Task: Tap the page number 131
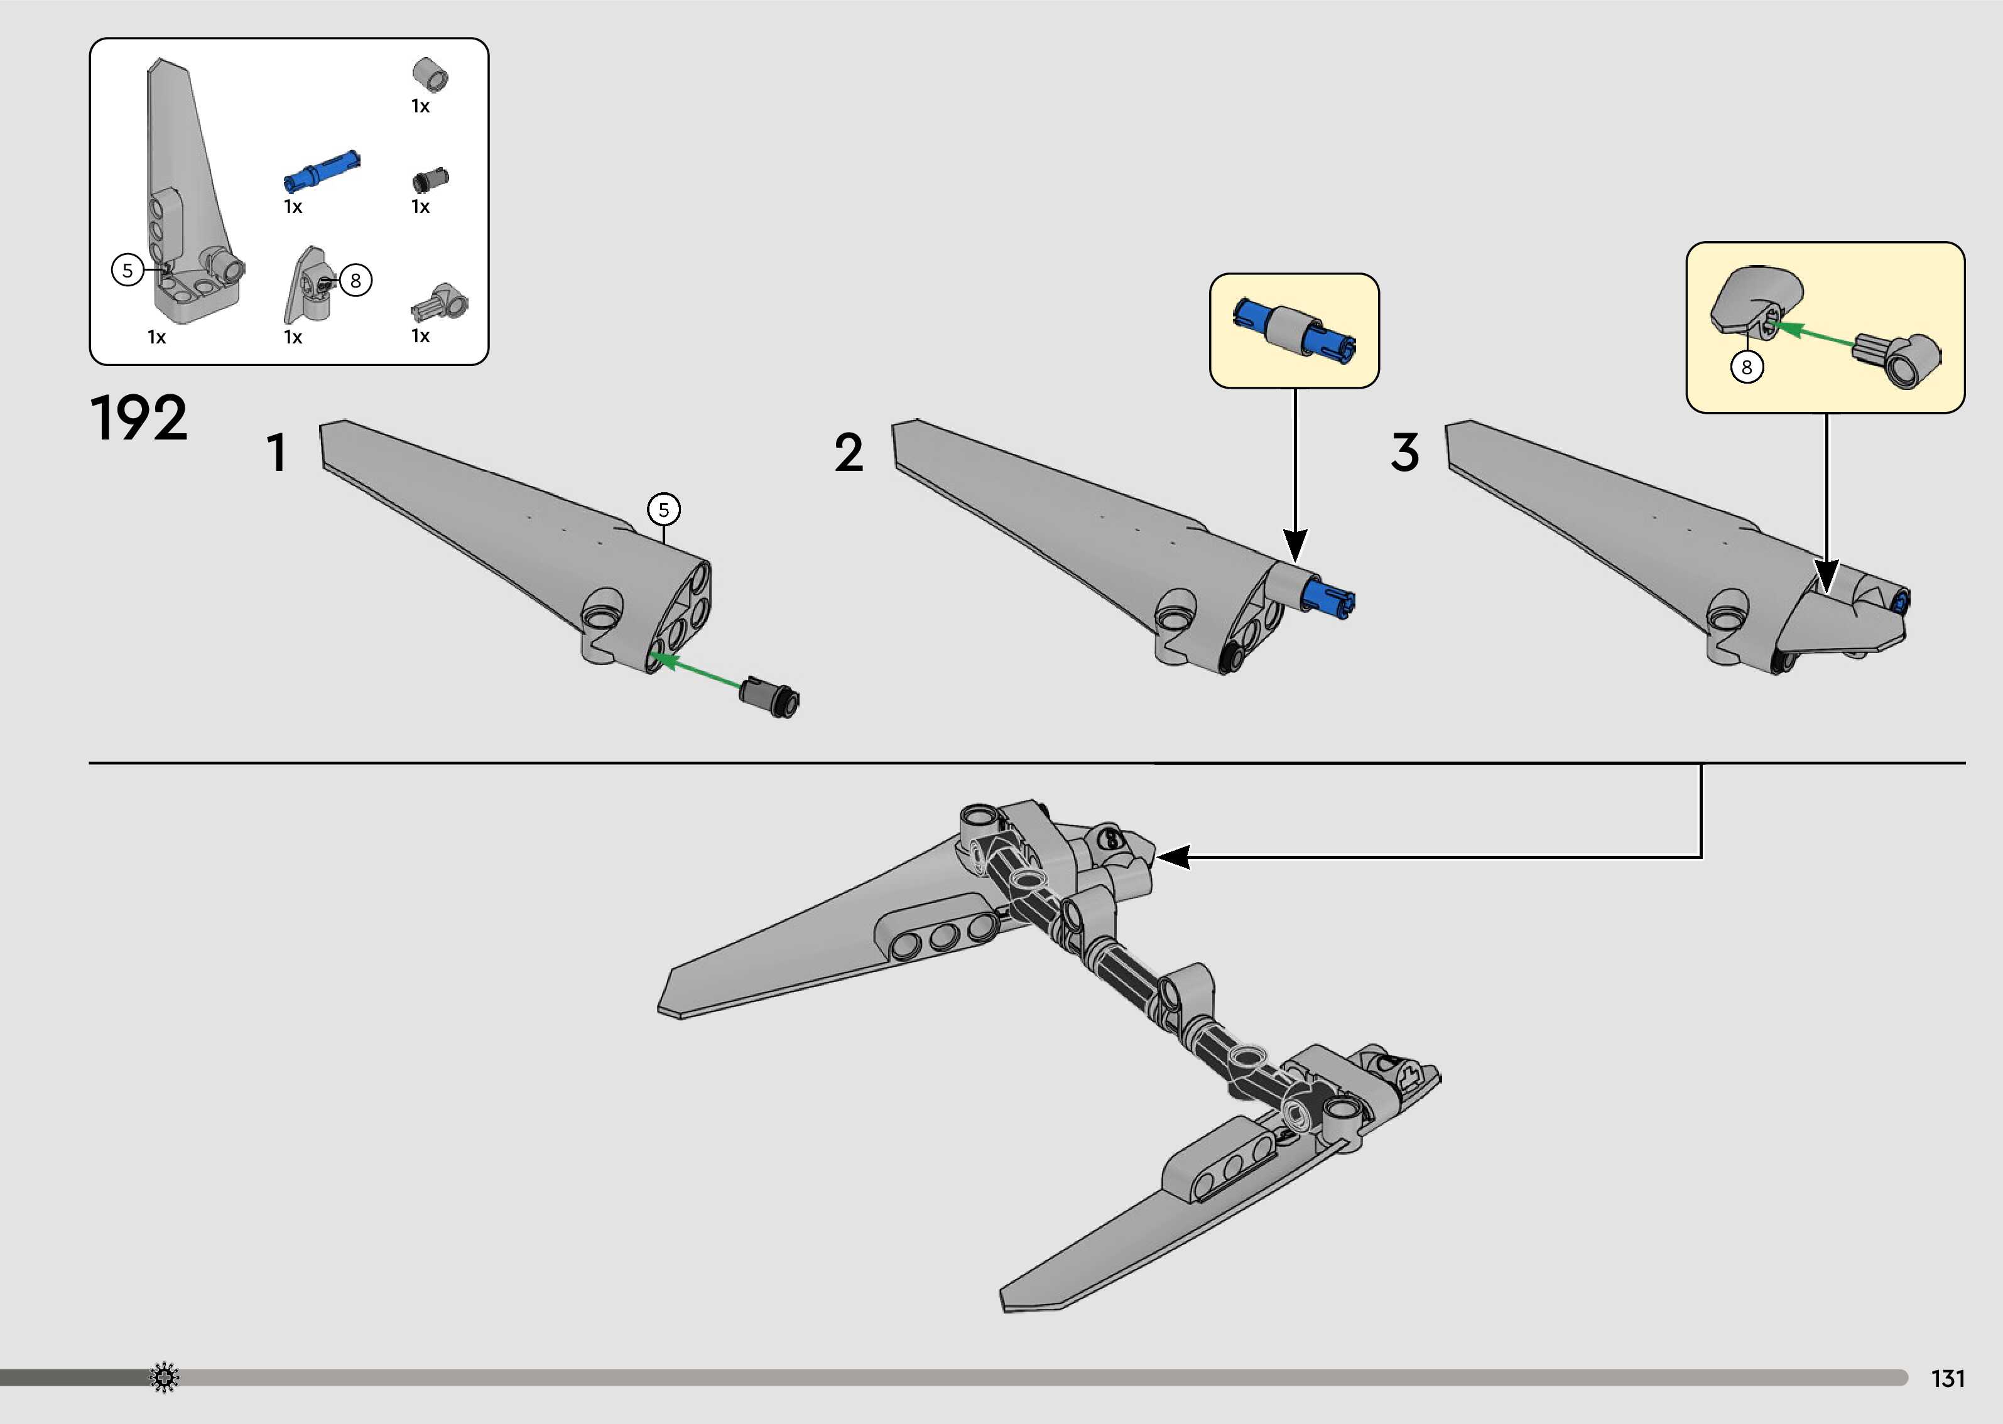tap(1948, 1378)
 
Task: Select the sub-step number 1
tap(277, 453)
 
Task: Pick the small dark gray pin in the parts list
tap(431, 180)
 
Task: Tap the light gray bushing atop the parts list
tap(431, 75)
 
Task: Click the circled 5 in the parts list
tap(127, 270)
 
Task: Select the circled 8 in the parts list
tap(355, 281)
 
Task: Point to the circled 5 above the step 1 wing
tap(664, 509)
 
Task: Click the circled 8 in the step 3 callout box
tap(1746, 367)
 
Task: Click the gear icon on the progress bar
tap(164, 1378)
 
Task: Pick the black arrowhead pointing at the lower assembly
tap(1173, 856)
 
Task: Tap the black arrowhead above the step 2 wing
tap(1295, 544)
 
